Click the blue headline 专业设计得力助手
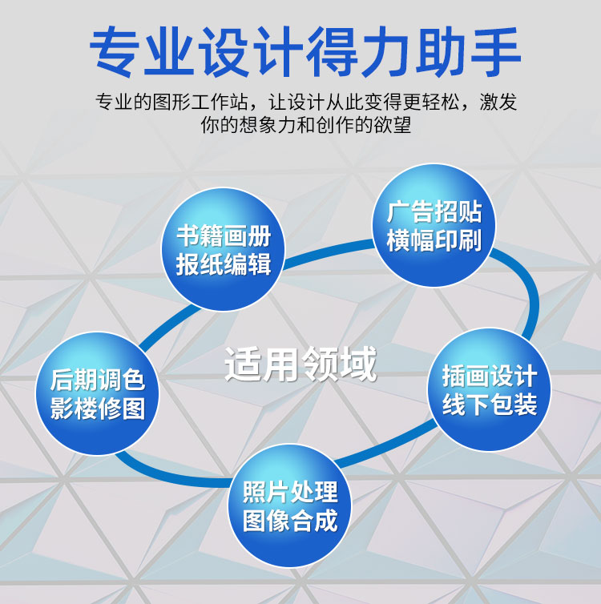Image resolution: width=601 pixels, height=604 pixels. point(305,51)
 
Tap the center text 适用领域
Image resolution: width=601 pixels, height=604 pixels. point(300,364)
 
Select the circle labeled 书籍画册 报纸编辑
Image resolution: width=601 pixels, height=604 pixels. point(223,249)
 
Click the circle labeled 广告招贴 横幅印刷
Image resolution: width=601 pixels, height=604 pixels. point(434,225)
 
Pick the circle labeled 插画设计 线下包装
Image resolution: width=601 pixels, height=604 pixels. point(490,389)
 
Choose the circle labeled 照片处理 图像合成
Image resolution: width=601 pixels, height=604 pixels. point(290,505)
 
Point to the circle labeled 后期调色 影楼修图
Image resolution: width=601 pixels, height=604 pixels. point(98,393)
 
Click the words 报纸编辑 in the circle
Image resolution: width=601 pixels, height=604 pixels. point(224,264)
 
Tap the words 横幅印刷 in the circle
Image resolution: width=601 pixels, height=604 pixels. point(434,240)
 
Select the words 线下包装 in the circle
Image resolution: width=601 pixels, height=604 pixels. point(490,404)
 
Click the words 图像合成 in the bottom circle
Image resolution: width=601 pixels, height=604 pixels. point(290,521)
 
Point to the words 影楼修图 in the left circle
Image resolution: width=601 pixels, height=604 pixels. point(98,408)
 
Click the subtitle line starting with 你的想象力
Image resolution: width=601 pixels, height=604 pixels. point(306,125)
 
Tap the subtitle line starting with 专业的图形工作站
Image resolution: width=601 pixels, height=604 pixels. point(306,102)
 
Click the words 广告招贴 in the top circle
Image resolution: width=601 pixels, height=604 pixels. point(434,211)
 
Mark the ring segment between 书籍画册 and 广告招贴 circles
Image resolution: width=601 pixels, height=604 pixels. point(329,252)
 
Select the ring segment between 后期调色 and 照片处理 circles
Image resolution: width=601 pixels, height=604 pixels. point(170,477)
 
